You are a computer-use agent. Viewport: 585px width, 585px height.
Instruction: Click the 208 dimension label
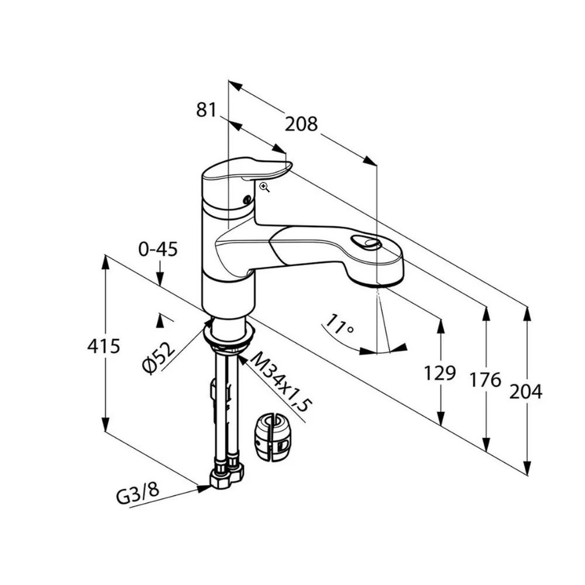click(x=301, y=124)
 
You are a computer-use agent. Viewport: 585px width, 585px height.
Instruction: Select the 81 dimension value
click(x=206, y=109)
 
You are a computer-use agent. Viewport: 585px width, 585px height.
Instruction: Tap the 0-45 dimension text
click(x=158, y=249)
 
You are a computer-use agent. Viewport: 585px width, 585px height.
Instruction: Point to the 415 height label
click(x=104, y=346)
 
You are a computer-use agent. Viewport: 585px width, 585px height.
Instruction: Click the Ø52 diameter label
click(x=159, y=357)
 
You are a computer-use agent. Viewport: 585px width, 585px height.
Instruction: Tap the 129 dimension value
click(x=439, y=373)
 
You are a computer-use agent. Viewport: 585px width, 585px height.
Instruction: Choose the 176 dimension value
click(x=486, y=380)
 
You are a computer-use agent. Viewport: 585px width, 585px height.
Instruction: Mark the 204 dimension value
click(x=525, y=391)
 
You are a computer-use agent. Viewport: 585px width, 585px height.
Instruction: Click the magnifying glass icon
click(x=264, y=187)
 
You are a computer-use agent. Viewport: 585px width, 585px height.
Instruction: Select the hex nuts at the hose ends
click(x=227, y=476)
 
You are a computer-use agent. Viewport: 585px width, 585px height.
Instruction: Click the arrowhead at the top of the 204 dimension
click(x=527, y=312)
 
